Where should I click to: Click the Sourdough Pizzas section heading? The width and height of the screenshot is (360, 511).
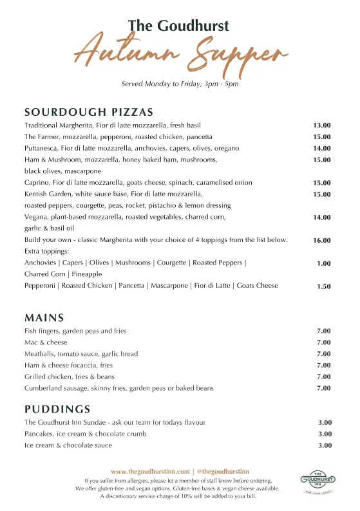(89, 112)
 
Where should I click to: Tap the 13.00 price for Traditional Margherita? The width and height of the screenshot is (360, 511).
(321, 125)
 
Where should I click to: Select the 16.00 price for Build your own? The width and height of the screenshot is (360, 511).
(321, 240)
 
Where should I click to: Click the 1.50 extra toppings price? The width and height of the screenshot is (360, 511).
(323, 286)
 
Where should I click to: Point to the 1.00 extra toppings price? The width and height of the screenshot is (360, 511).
(323, 263)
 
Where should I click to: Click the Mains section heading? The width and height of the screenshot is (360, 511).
(44, 317)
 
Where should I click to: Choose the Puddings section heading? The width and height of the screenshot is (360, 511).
(57, 409)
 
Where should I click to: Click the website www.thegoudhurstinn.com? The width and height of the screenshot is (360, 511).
(150, 472)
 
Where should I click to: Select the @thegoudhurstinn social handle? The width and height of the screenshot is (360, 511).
(223, 472)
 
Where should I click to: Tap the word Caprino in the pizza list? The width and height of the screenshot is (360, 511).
(37, 183)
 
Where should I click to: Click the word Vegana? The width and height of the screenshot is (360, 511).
(36, 218)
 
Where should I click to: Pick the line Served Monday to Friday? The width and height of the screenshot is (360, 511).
(180, 84)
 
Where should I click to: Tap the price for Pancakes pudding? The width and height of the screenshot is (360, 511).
(325, 434)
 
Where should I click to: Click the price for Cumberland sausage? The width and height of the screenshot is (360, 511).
(323, 388)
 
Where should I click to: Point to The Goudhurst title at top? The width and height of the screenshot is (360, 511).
(178, 26)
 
